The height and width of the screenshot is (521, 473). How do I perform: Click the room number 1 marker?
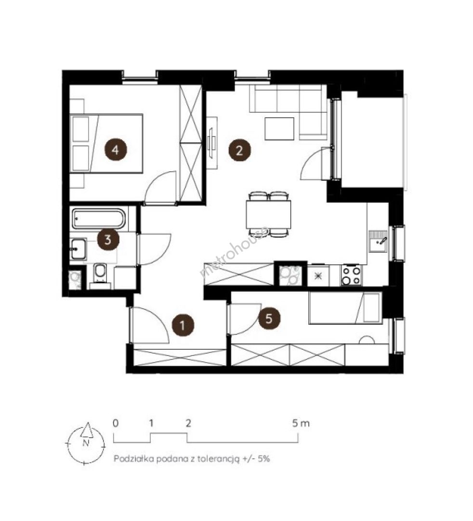(x=182, y=325)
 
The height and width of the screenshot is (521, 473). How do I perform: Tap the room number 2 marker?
(x=239, y=150)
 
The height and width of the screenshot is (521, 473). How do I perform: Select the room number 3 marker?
(x=108, y=239)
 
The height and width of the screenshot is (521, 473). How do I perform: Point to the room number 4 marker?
(x=115, y=150)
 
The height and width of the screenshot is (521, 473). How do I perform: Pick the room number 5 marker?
(x=269, y=318)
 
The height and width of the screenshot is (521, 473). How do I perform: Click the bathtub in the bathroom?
(x=99, y=219)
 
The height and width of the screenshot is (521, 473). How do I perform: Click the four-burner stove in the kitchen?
(x=351, y=275)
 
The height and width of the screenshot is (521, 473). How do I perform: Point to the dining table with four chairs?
(x=268, y=214)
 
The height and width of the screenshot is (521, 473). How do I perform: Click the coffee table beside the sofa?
(x=279, y=129)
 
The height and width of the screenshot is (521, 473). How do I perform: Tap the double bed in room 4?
(x=106, y=144)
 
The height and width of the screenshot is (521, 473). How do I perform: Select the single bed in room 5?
(x=345, y=308)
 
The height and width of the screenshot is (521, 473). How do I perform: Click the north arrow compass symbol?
(x=86, y=443)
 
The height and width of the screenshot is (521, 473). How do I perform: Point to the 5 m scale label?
(x=301, y=424)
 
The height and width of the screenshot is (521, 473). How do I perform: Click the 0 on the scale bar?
(x=116, y=424)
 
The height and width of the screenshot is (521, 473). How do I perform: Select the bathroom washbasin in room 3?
(x=78, y=249)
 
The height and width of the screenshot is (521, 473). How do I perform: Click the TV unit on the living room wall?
(x=212, y=143)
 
